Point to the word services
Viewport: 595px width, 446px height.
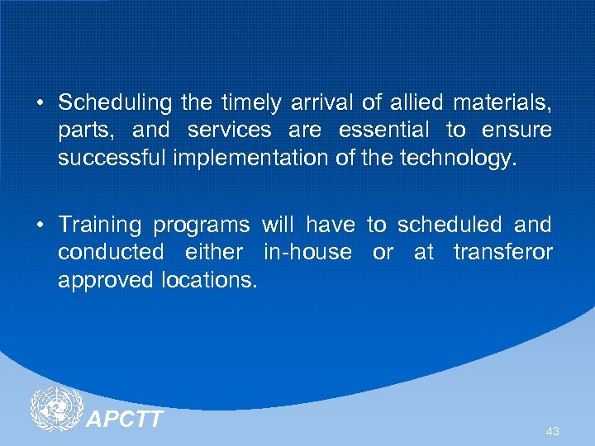point(229,130)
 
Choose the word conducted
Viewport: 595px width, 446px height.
point(111,253)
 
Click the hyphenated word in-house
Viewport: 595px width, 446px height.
point(307,253)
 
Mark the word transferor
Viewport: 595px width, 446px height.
point(502,253)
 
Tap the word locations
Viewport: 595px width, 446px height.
point(211,280)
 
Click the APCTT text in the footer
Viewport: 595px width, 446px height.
point(125,419)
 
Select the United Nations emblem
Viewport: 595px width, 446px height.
point(56,410)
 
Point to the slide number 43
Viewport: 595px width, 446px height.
point(553,431)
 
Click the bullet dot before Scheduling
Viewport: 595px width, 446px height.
point(40,104)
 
